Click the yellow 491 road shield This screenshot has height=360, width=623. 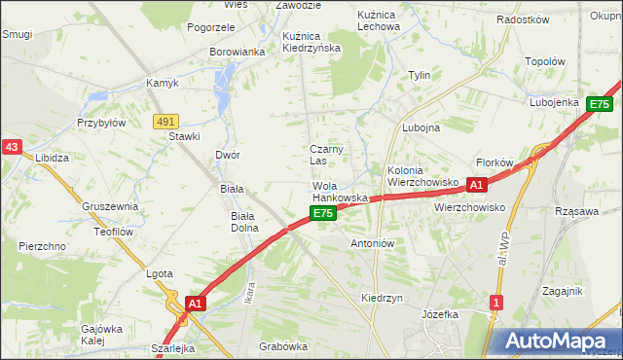(165, 121)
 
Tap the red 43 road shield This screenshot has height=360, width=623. (12, 147)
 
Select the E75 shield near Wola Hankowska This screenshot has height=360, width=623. (323, 212)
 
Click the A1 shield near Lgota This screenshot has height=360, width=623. (196, 304)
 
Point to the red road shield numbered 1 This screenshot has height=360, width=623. (496, 303)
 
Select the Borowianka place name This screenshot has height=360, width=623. (238, 52)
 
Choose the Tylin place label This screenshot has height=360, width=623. (420, 75)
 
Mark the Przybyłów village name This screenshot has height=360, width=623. (101, 124)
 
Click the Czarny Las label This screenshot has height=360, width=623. (324, 155)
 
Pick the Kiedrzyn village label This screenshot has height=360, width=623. (382, 298)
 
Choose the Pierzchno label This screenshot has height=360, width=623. (41, 247)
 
